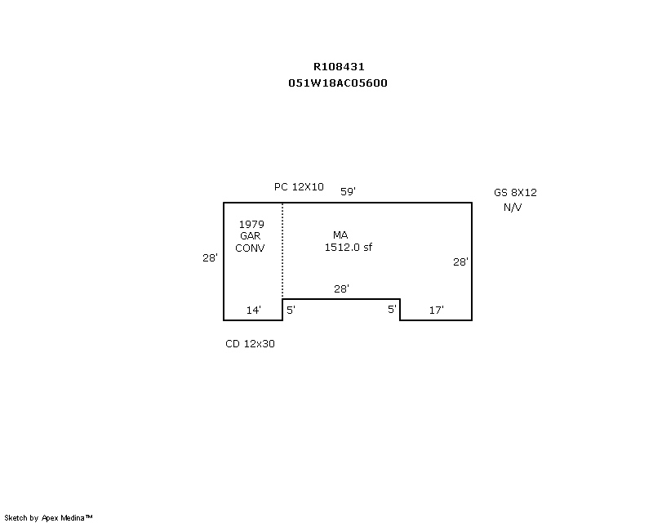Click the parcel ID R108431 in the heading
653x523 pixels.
[339, 67]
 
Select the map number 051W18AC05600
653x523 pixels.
[338, 83]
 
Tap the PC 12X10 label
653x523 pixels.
[299, 187]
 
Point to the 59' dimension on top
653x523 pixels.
[348, 191]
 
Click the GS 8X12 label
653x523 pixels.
[515, 193]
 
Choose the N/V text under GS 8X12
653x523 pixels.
[513, 208]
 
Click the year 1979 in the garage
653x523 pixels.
[251, 225]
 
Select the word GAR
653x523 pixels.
[251, 236]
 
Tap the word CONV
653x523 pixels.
[250, 248]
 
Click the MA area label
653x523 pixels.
[340, 235]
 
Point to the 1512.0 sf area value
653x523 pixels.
[349, 248]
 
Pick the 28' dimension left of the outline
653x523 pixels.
[210, 258]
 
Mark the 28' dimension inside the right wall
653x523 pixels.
[460, 262]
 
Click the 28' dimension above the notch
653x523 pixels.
[341, 288]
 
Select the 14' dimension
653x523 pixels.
[254, 311]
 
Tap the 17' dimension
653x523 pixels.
[437, 311]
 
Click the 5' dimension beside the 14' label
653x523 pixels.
[291, 310]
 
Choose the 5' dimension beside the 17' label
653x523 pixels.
[392, 310]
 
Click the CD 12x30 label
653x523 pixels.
[250, 344]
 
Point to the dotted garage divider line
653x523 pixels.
[282, 251]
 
